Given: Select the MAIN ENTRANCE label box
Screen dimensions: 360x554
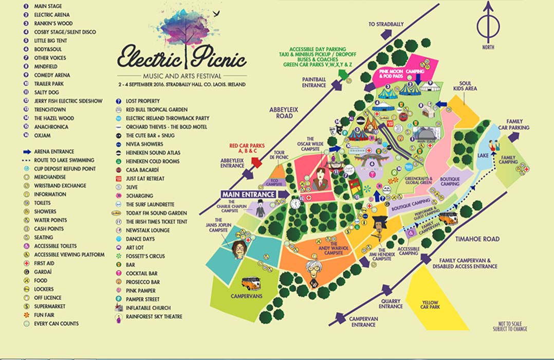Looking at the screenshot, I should coord(248,194).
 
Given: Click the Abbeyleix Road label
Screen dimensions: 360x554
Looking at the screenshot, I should coord(281,113).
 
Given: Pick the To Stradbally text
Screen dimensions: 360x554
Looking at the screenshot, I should coord(386,24).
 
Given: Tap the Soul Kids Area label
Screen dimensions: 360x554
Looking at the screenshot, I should coord(465,86).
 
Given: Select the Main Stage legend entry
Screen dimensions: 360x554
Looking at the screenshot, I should coord(48,6).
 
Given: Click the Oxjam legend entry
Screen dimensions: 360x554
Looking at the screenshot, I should coord(42,135).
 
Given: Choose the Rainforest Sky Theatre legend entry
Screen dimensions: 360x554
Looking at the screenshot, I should coord(154,317).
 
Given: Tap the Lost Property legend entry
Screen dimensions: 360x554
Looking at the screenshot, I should coord(142,101).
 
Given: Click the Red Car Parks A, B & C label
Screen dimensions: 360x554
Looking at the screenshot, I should coord(247,149).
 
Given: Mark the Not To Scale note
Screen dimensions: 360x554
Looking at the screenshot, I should coord(509,326).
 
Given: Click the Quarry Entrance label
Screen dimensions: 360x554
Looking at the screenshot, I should coord(391,303).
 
